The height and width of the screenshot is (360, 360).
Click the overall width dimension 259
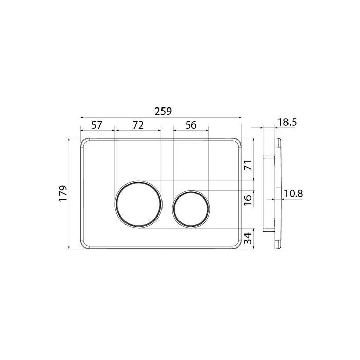[163, 111]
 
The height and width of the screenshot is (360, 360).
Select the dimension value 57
[97, 125]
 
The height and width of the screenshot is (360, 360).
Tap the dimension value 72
[138, 125]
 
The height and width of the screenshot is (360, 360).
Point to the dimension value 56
[191, 125]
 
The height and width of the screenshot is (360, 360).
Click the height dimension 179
[63, 193]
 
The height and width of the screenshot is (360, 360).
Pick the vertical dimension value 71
[248, 165]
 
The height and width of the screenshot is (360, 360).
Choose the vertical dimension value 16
[248, 200]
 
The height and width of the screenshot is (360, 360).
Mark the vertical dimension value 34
[248, 238]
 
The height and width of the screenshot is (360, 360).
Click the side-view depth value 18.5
[287, 122]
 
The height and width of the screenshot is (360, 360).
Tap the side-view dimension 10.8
[294, 194]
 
